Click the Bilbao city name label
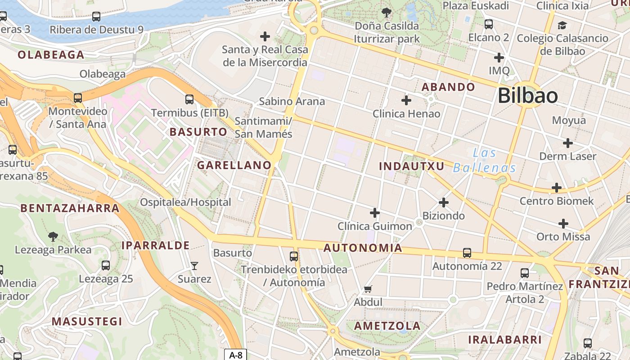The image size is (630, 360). (528, 96)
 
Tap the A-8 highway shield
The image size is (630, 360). (236, 355)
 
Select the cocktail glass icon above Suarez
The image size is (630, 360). (194, 266)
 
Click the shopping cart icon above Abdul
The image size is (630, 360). (368, 289)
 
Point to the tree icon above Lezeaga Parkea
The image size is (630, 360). (53, 236)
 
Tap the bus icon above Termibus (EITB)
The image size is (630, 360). (189, 99)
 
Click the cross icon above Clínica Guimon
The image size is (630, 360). (375, 213)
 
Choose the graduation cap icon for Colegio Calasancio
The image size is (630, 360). (562, 25)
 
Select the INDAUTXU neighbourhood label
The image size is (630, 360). (411, 166)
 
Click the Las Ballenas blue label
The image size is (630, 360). (485, 161)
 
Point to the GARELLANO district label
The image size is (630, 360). (234, 165)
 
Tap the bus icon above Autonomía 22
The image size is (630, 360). (467, 253)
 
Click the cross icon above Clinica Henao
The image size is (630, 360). (406, 100)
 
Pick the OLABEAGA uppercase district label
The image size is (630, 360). (51, 55)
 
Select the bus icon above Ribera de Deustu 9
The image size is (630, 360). (96, 17)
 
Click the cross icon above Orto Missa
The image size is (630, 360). (563, 224)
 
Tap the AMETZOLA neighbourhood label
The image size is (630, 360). (387, 326)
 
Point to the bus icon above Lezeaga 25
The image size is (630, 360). (106, 265)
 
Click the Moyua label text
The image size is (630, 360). (569, 120)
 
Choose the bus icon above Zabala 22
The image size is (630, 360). (588, 343)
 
